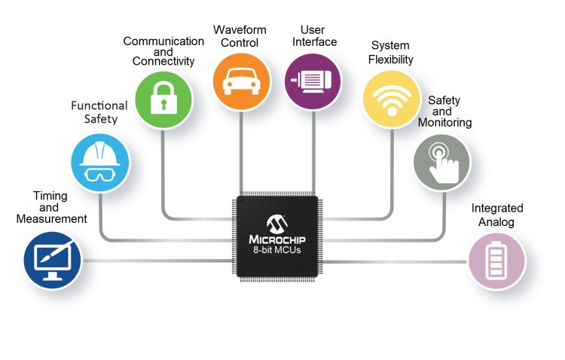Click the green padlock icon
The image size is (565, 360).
(x=163, y=99)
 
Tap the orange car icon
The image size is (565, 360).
(x=241, y=81)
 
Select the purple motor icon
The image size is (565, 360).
(x=313, y=81)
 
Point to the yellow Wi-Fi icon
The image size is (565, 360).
(x=392, y=99)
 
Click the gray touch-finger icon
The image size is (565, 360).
(x=442, y=163)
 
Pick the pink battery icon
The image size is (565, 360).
(x=497, y=261)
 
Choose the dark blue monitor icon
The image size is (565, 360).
(x=53, y=260)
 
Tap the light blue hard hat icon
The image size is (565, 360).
(x=100, y=163)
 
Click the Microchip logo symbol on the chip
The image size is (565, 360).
(x=277, y=224)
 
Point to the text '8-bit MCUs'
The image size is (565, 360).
(x=276, y=250)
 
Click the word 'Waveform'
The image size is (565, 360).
(x=240, y=29)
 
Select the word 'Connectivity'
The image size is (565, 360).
(x=163, y=61)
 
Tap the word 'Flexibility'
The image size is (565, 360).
(x=390, y=59)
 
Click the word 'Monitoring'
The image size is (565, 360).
(x=445, y=123)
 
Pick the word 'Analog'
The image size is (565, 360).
(x=496, y=222)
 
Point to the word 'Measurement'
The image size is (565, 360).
(x=52, y=218)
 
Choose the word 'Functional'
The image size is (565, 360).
(x=99, y=105)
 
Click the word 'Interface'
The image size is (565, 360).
(x=315, y=42)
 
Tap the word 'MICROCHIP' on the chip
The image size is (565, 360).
(x=277, y=239)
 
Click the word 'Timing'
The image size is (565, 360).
(x=50, y=196)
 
